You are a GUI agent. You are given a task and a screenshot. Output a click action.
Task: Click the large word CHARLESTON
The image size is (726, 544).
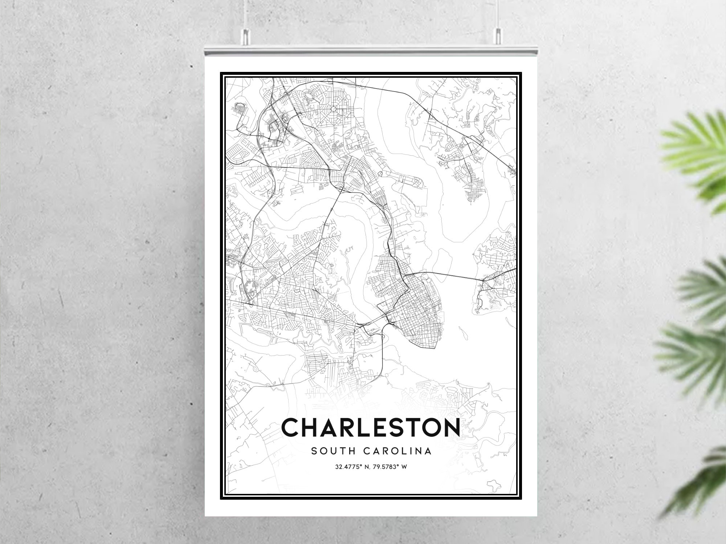click(x=371, y=428)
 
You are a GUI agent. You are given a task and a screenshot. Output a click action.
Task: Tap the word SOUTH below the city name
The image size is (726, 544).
click(x=331, y=451)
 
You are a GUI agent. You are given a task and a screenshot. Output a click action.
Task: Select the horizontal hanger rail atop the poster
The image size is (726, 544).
click(x=371, y=51)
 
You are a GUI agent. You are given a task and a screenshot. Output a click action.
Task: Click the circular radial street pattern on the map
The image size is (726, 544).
click(x=333, y=108)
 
